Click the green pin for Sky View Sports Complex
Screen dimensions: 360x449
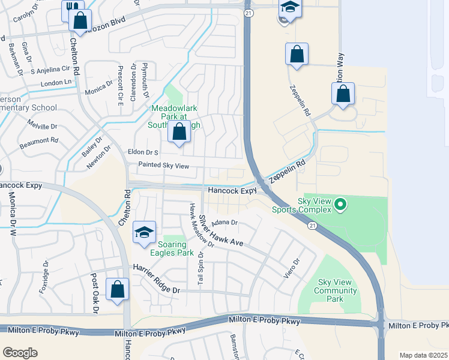click(x=341, y=205)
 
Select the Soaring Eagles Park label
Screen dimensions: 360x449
click(x=176, y=248)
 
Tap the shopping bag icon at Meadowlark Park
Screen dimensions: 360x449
click(x=179, y=133)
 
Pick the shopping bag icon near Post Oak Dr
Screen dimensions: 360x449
click(x=117, y=289)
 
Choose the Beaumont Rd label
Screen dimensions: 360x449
click(x=38, y=140)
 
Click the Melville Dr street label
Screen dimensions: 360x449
click(x=42, y=126)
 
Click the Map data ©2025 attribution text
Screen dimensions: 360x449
click(x=423, y=355)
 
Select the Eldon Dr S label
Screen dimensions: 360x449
click(x=143, y=152)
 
